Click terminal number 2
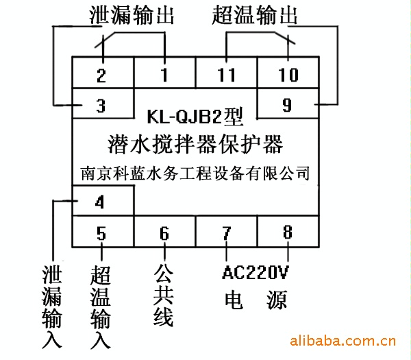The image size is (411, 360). pyautogui.click(x=101, y=76)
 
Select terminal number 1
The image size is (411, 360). pyautogui.click(x=164, y=75)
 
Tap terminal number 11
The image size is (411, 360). pyautogui.click(x=227, y=75)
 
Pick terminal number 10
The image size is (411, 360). pyautogui.click(x=288, y=75)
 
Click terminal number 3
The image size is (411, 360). pyautogui.click(x=101, y=106)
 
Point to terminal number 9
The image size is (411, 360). pyautogui.click(x=287, y=105)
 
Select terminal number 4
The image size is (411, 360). pyautogui.click(x=99, y=202)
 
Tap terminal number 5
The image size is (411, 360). pyautogui.click(x=101, y=233)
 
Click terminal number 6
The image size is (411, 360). pyautogui.click(x=164, y=233)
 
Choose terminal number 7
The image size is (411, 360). pyautogui.click(x=227, y=233)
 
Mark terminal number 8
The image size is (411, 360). pyautogui.click(x=288, y=232)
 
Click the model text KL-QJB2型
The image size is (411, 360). pyautogui.click(x=195, y=117)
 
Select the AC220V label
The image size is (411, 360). pyautogui.click(x=256, y=272)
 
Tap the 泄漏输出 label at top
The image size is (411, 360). pyautogui.click(x=132, y=15)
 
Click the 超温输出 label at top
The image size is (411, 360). pyautogui.click(x=255, y=15)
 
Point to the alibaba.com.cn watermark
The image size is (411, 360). pyautogui.click(x=343, y=341)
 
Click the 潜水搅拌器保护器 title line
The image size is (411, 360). pyautogui.click(x=195, y=144)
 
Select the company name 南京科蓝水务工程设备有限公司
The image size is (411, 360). pyautogui.click(x=195, y=173)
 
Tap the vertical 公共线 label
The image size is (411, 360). pyautogui.click(x=164, y=295)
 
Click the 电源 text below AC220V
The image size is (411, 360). pyautogui.click(x=256, y=300)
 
